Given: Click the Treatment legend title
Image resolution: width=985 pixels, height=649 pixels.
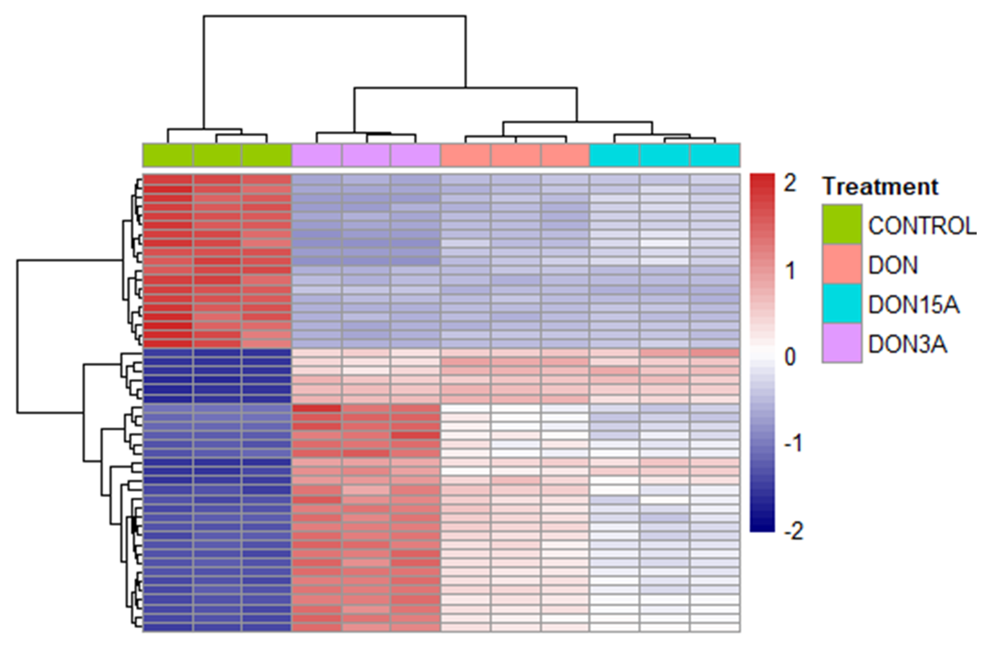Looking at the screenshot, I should pos(880,187).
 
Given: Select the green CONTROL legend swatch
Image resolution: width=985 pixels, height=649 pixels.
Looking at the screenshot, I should pos(842,224).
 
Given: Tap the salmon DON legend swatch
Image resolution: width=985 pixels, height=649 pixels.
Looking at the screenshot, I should pos(842,264).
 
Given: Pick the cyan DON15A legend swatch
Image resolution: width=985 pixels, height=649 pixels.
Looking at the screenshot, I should pos(842,303).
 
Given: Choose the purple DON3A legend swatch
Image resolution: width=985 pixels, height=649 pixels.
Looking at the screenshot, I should pos(842,343).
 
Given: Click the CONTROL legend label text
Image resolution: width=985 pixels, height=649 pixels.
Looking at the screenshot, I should pos(922,226).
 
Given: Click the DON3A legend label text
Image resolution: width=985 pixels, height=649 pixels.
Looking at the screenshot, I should pos(907,345).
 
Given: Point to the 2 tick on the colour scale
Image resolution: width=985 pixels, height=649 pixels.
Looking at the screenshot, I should pos(790,183).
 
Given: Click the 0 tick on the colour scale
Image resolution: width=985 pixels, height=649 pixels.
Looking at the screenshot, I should pos(790,357).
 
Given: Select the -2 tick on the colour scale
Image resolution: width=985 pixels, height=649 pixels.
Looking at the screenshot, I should pos(793,531).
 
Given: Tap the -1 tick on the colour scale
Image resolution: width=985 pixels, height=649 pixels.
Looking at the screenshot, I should pos(793,444).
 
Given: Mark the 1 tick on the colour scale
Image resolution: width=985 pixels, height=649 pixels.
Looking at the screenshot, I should pos(790,271).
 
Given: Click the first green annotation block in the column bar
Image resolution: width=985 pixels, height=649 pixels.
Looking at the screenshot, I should pos(168,155).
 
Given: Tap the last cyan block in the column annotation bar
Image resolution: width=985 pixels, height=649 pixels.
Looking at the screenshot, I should pos(715,155).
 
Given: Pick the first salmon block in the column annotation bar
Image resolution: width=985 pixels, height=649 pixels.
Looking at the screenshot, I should pos(466,155).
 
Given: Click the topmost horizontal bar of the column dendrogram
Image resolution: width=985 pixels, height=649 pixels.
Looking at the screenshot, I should pos(335,16).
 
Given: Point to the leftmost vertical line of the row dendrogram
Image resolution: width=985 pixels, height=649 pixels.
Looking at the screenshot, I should pos(17,336).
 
